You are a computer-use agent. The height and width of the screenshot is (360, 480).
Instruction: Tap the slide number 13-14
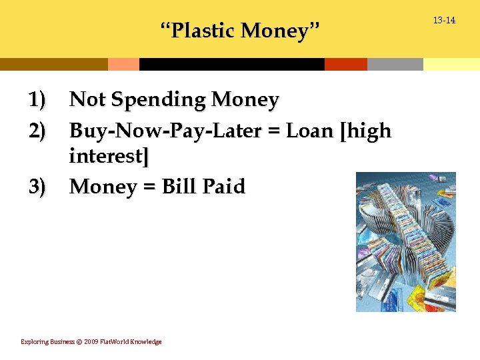(x=444, y=21)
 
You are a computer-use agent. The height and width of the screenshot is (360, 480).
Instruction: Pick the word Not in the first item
(x=87, y=100)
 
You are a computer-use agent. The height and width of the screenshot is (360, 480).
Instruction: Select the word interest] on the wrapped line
(x=109, y=157)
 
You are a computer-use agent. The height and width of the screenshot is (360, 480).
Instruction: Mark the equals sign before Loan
(x=276, y=131)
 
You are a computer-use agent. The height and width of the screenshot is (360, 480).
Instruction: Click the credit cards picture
(x=405, y=241)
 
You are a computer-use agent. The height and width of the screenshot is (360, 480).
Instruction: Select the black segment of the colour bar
(x=231, y=64)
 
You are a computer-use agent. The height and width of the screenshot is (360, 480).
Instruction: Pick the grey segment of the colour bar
(x=395, y=64)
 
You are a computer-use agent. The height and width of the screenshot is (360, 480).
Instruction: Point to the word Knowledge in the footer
(x=146, y=342)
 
